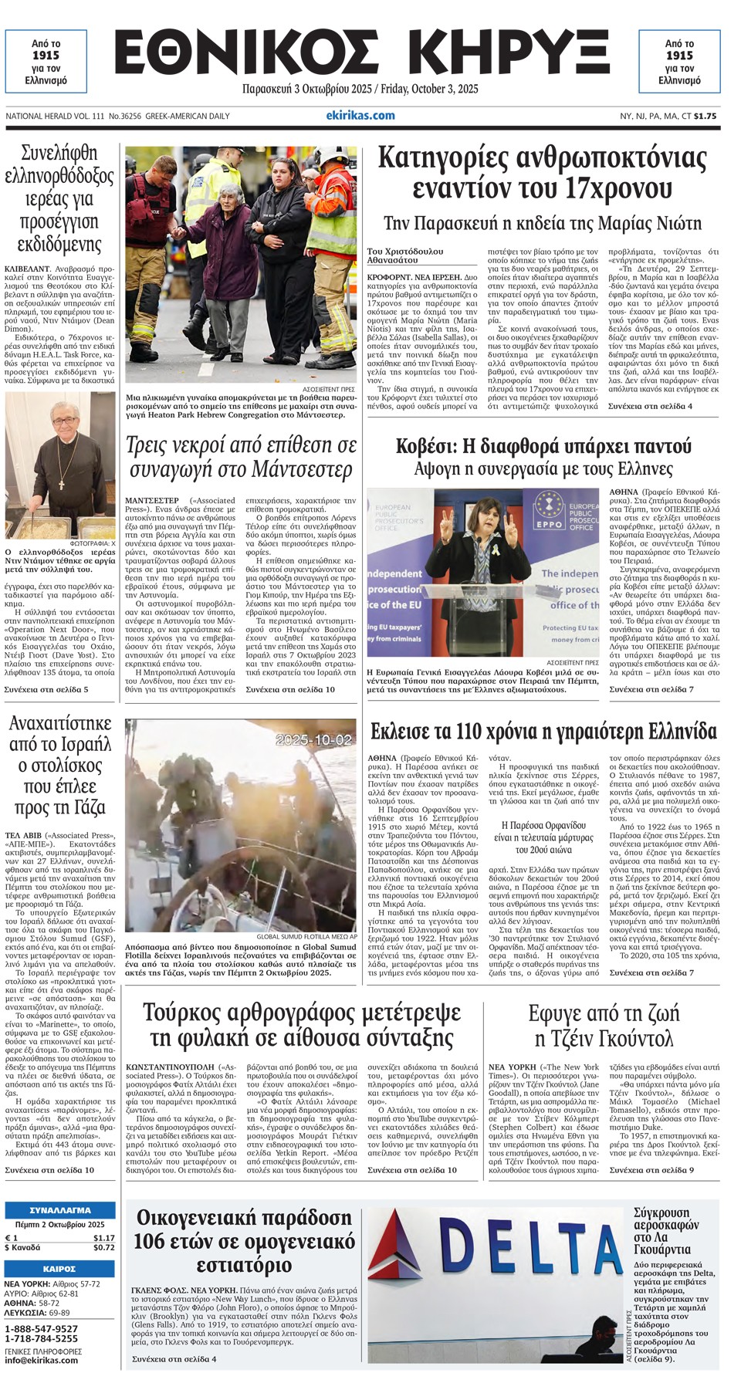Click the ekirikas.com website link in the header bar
coord(360,116)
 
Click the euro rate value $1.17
coord(103,1238)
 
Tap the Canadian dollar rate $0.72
coord(103,1247)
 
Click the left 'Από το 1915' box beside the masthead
coord(46,62)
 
